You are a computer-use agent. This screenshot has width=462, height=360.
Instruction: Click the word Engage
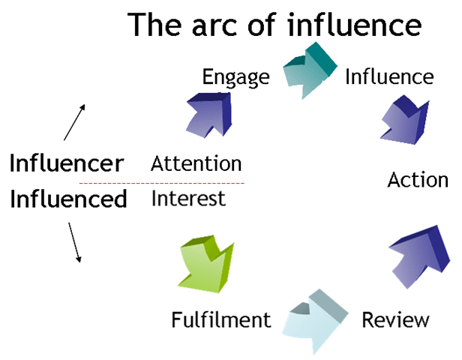coord(235,78)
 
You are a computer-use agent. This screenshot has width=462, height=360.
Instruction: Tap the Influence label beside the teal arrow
coord(388,77)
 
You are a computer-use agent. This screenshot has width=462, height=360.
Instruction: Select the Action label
coord(418,180)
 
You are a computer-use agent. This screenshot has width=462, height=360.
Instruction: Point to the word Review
coord(395,320)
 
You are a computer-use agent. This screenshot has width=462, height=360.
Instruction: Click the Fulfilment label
coord(220,320)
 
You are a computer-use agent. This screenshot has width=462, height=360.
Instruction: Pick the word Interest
coord(188,199)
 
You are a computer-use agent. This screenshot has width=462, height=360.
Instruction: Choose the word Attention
coord(196,163)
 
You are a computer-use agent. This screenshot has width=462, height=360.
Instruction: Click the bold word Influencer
coord(66,163)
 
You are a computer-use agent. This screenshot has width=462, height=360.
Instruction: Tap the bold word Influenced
coord(68,199)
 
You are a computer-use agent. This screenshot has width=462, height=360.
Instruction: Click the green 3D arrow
coord(208,264)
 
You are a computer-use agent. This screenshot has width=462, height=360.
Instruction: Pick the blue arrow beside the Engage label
coord(209,116)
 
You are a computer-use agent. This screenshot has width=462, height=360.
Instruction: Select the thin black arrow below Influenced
coord(74,241)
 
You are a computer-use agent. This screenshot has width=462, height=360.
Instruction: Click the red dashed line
coord(162,183)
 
